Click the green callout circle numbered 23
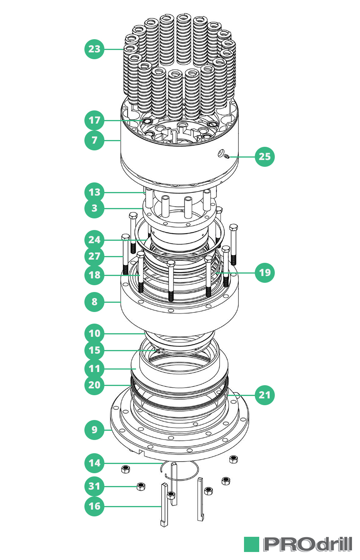click(x=94, y=49)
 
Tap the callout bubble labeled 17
click(x=94, y=120)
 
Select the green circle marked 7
click(x=94, y=140)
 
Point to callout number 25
click(x=265, y=156)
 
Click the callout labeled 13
click(x=94, y=192)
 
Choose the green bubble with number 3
click(x=94, y=208)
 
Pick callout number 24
click(x=94, y=240)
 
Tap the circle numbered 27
click(x=94, y=256)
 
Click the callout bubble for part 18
click(x=94, y=275)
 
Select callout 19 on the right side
click(x=265, y=272)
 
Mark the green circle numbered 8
click(x=94, y=302)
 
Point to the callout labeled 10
click(x=94, y=333)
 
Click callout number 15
click(x=94, y=350)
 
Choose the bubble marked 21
click(x=265, y=395)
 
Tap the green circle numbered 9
click(x=94, y=430)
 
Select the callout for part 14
click(x=94, y=463)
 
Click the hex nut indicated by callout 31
click(x=140, y=486)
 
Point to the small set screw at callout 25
click(x=226, y=156)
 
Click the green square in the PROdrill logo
click(x=252, y=544)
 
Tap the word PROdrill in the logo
click(x=308, y=544)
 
